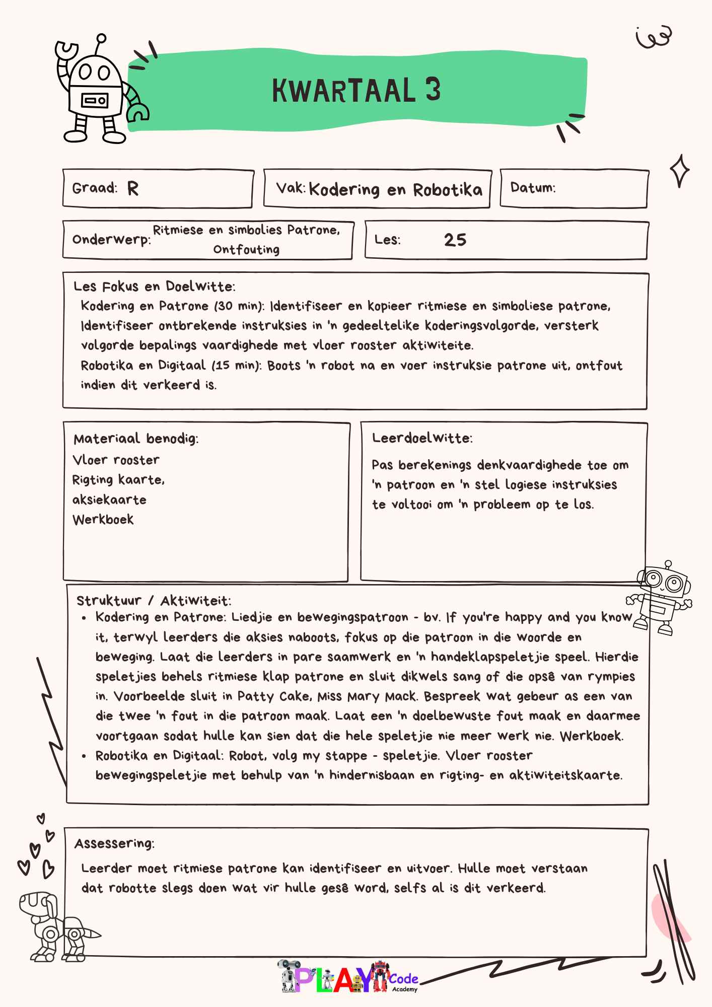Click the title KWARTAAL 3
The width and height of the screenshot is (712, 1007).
pyautogui.click(x=356, y=91)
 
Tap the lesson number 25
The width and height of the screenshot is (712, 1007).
pyautogui.click(x=455, y=240)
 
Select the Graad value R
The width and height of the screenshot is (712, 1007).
pyautogui.click(x=133, y=189)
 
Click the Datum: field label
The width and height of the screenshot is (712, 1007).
pyautogui.click(x=533, y=188)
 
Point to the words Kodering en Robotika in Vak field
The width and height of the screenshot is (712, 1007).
pyautogui.click(x=395, y=190)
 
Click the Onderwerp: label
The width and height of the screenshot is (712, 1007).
pyautogui.click(x=111, y=239)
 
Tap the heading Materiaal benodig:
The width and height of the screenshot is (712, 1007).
pyautogui.click(x=136, y=439)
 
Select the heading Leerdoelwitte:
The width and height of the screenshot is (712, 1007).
pyautogui.click(x=422, y=438)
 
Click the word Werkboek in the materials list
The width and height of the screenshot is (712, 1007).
pyautogui.click(x=103, y=520)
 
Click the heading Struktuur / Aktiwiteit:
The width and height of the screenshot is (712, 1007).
pyautogui.click(x=154, y=600)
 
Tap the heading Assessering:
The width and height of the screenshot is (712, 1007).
pyautogui.click(x=114, y=843)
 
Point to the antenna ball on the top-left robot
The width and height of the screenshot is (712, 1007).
pyautogui.click(x=101, y=38)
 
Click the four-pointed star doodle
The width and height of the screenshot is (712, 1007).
pyautogui.click(x=679, y=171)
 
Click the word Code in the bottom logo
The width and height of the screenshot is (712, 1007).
pyautogui.click(x=403, y=979)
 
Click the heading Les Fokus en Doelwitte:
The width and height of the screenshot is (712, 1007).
pyautogui.click(x=154, y=286)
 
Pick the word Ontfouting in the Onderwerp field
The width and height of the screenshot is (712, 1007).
pyautogui.click(x=246, y=250)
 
